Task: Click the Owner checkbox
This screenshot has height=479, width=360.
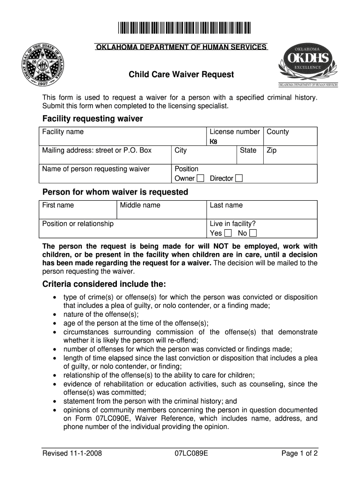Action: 201,178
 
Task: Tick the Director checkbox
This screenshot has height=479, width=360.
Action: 239,178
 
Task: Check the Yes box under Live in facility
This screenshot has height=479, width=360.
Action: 228,233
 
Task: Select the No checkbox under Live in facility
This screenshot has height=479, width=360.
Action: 253,233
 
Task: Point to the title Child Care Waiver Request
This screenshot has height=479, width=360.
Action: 181,75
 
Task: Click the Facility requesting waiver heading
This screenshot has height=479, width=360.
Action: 93,119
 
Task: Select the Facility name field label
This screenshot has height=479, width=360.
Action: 63,132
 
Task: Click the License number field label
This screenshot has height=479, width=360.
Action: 235,132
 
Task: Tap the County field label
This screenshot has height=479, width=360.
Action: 278,132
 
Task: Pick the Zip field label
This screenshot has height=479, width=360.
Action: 272,150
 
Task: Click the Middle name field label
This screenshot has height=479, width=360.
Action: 140,205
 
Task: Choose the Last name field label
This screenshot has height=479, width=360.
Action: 226,205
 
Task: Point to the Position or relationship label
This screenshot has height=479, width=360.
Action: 78,224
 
